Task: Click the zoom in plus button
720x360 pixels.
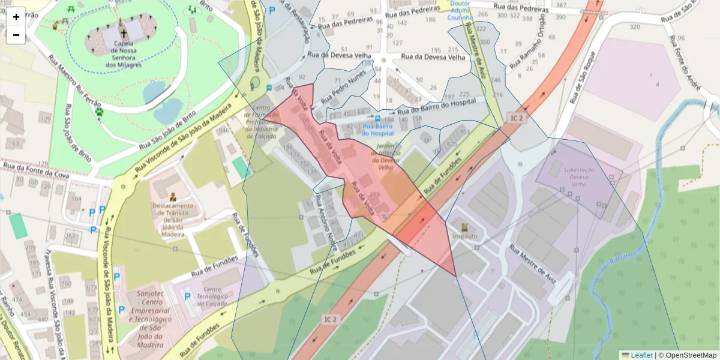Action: (16, 17)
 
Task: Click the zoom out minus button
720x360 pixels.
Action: (16, 35)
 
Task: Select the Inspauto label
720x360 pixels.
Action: (464, 236)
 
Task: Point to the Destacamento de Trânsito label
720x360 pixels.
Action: (173, 216)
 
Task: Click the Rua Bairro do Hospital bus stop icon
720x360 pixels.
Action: (377, 118)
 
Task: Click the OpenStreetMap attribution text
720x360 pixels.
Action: (687, 355)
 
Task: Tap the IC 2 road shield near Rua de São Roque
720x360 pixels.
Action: (517, 118)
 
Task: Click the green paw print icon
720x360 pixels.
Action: (99, 111)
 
